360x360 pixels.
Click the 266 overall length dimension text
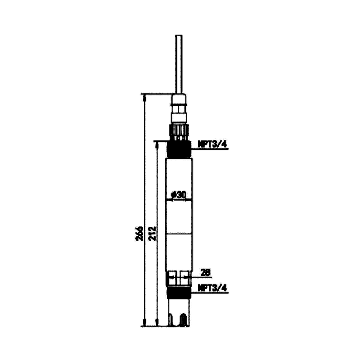pos(139,234)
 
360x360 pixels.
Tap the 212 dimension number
pos(152,234)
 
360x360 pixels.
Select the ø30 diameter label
pos(178,195)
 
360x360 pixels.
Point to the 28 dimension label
pos(206,273)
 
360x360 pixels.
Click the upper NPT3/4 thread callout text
pos(212,144)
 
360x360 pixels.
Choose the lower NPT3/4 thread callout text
pos(212,288)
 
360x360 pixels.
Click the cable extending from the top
pos(179,64)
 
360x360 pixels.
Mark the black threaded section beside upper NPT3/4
pos(179,149)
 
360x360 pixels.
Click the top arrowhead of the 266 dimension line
pos(144,98)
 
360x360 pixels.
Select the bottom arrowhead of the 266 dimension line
pos(144,322)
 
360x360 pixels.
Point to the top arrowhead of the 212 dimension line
pos(157,145)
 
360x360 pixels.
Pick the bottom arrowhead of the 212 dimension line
pos(157,322)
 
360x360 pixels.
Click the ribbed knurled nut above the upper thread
pos(179,132)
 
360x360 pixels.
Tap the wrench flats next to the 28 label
pos(179,278)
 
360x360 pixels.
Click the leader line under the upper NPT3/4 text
pos(209,149)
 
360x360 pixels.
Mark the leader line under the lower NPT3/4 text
pos(209,293)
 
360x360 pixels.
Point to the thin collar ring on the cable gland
pos(179,105)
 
